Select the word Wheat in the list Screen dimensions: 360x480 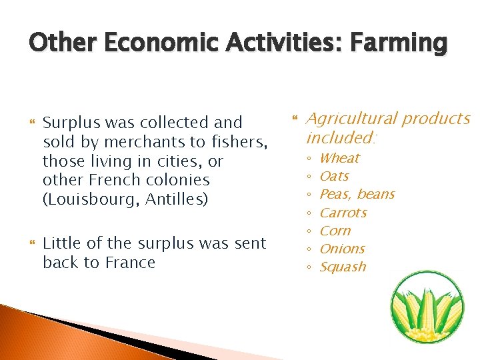pos(339,158)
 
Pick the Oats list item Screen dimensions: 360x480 pos(334,176)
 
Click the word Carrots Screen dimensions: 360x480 pos(343,213)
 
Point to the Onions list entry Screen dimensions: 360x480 pos(343,249)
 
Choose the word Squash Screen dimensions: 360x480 pos(343,267)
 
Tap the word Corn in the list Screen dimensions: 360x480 pos(335,231)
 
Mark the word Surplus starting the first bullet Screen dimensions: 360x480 pos(70,123)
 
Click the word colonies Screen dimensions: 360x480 pos(179,180)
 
